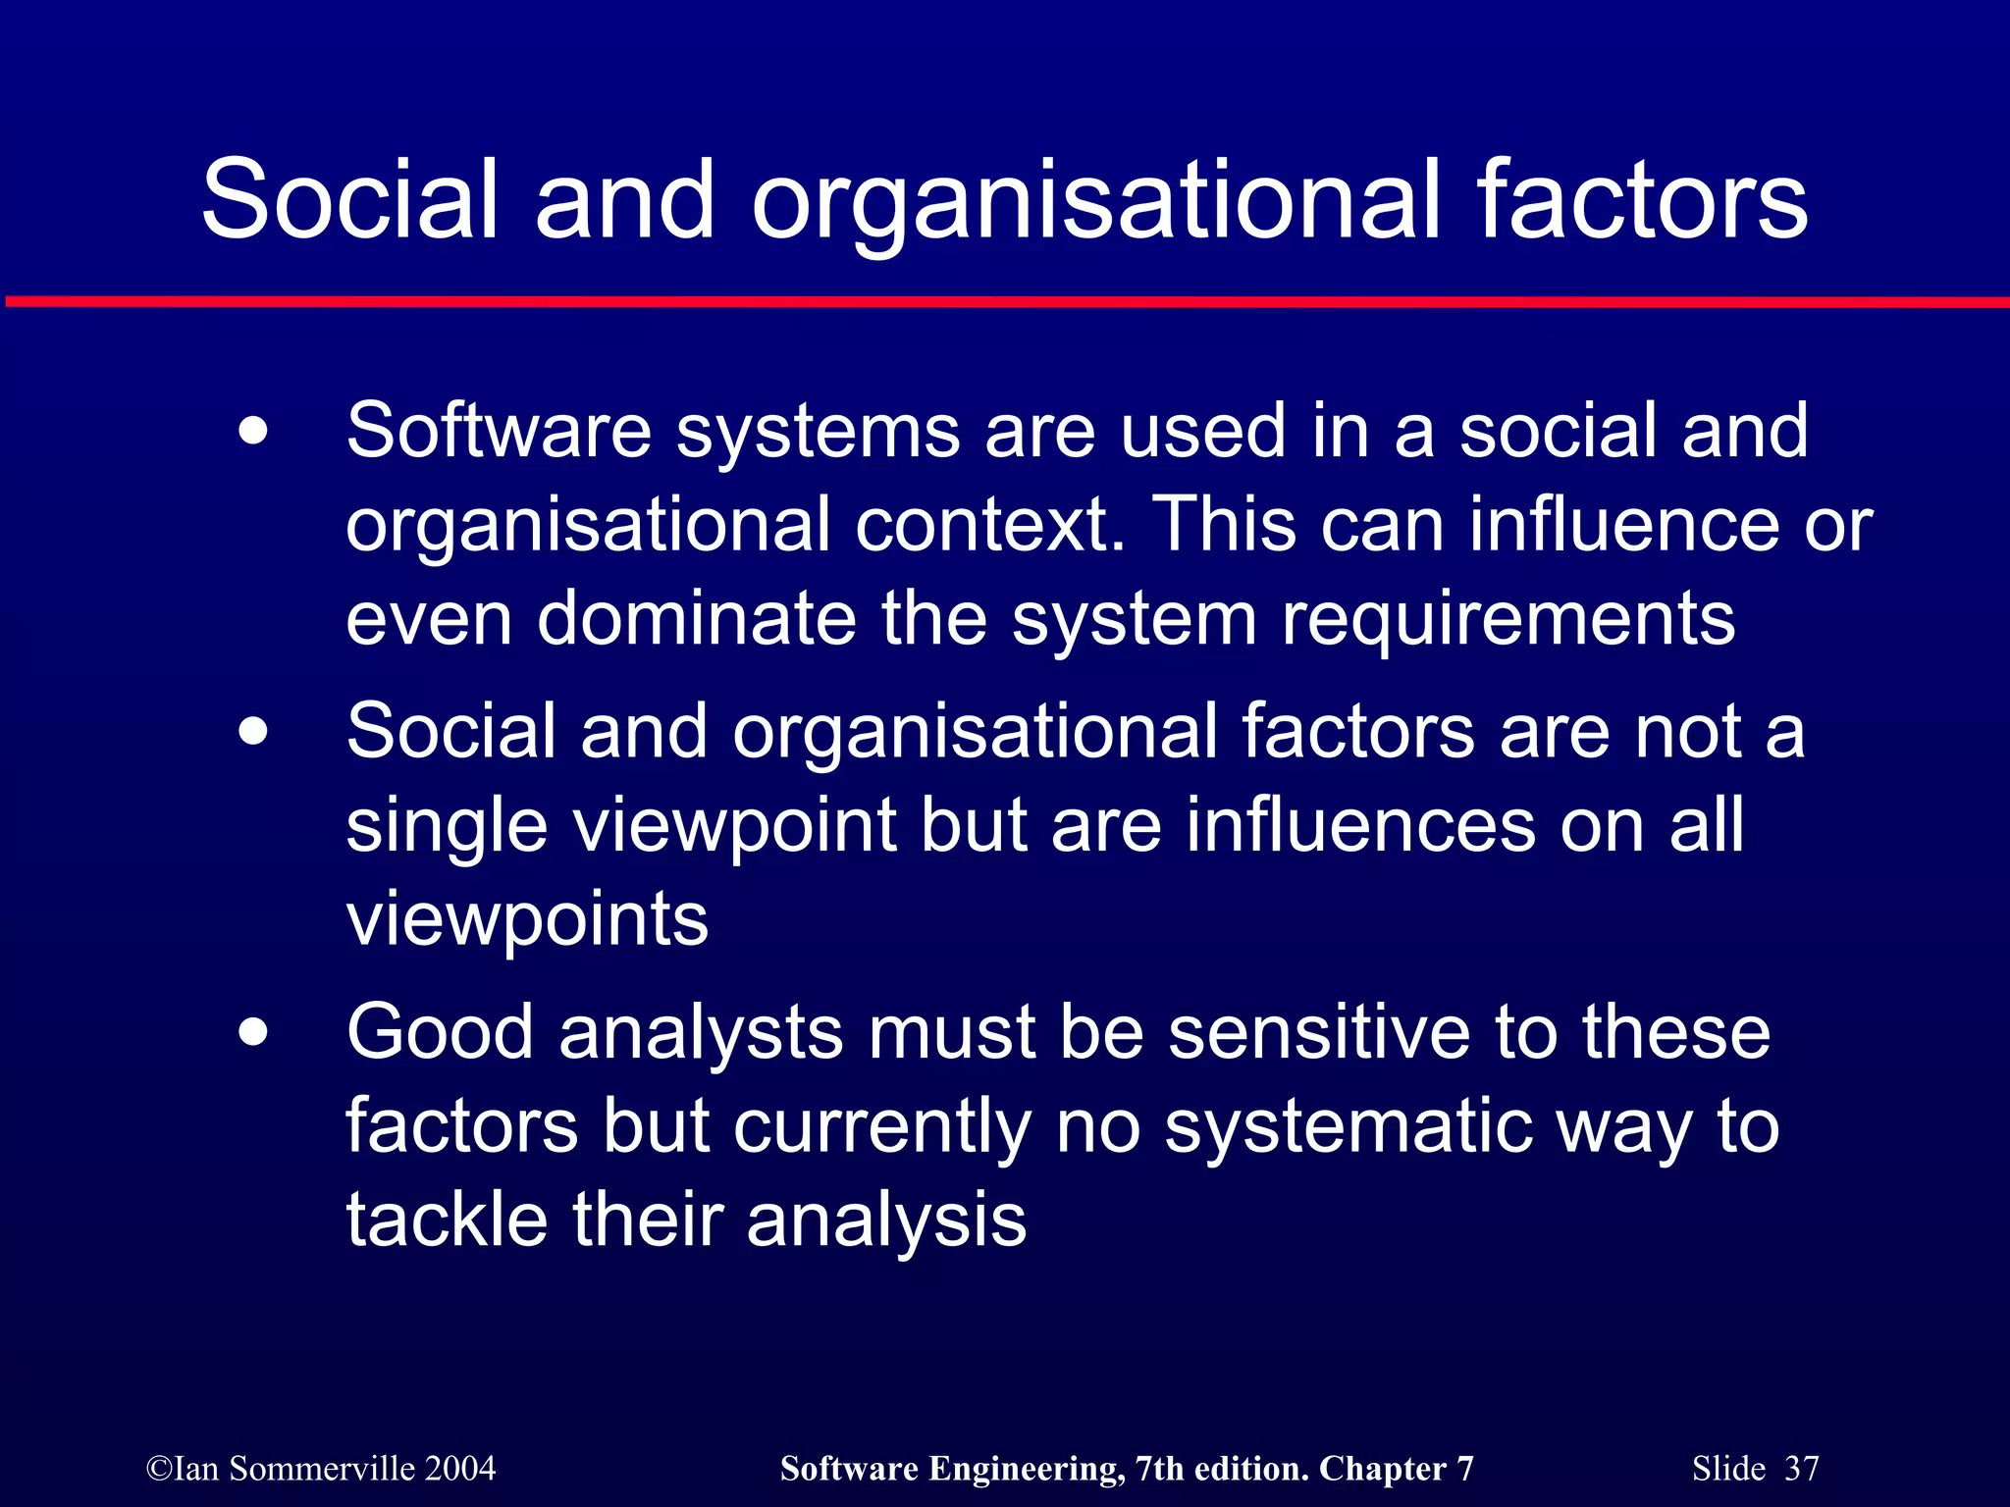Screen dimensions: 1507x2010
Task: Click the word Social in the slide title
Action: pyautogui.click(x=350, y=200)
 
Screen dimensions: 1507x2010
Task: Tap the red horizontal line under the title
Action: pyautogui.click(x=1005, y=301)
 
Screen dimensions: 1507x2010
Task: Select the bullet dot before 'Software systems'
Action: pyautogui.click(x=253, y=432)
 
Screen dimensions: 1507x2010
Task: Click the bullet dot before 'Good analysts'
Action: pyautogui.click(x=253, y=1033)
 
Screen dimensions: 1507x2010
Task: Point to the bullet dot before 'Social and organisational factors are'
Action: pyautogui.click(x=253, y=732)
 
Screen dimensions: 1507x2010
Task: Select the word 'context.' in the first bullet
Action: pyautogui.click(x=990, y=525)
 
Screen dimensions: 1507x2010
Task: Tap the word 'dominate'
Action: pyautogui.click(x=696, y=619)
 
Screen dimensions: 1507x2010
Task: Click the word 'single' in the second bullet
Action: pyautogui.click(x=447, y=826)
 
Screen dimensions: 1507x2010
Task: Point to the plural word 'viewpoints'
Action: pyautogui.click(x=527, y=919)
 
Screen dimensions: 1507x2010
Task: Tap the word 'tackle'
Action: pyautogui.click(x=447, y=1221)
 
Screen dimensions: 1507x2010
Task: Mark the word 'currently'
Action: pyautogui.click(x=881, y=1126)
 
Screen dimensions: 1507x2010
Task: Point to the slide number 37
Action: pyautogui.click(x=1801, y=1469)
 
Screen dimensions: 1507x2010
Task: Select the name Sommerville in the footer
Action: pyautogui.click(x=322, y=1469)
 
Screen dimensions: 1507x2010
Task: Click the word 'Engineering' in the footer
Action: pyautogui.click(x=1027, y=1469)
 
